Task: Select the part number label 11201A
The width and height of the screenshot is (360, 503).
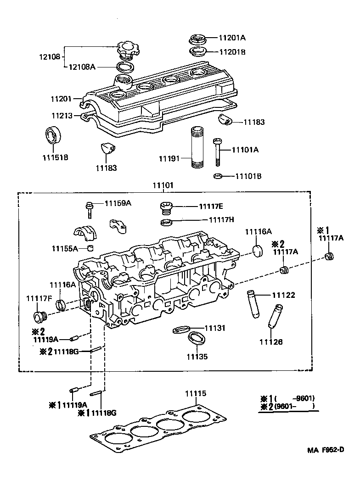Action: (x=232, y=39)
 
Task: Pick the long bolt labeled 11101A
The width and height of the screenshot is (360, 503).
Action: (x=217, y=153)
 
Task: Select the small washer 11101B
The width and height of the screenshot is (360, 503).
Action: (x=219, y=176)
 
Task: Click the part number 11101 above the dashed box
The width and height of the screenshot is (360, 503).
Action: (x=163, y=186)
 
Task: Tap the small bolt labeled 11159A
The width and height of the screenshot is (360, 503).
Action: (x=90, y=209)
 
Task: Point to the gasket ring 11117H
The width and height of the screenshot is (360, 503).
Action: (x=167, y=223)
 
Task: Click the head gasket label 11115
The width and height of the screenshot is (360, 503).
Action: (x=196, y=393)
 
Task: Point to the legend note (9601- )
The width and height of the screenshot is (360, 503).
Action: (x=294, y=406)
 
